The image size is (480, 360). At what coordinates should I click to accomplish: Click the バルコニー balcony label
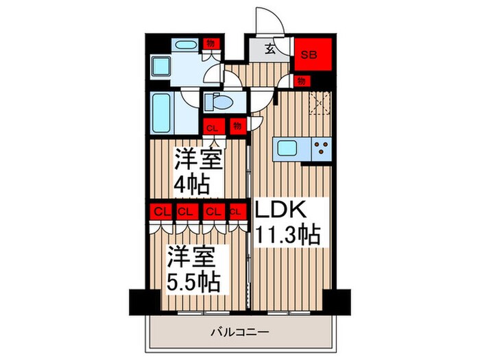click(240, 333)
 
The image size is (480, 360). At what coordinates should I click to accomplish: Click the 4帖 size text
click(191, 184)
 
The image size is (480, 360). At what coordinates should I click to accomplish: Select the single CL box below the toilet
click(213, 128)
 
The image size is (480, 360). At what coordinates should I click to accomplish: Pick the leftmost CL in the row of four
click(162, 212)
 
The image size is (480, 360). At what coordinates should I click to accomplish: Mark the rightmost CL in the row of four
click(237, 212)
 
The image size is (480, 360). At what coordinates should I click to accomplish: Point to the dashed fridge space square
click(320, 104)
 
